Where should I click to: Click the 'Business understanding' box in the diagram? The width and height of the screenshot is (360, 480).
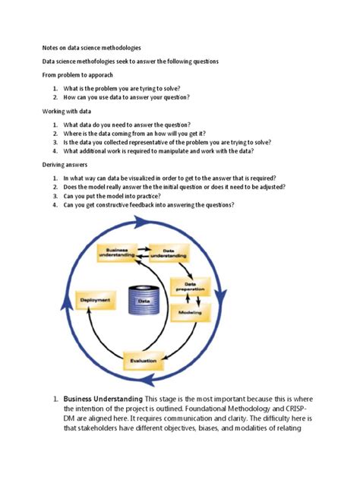point(117,254)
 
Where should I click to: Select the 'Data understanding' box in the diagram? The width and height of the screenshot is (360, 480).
point(169,254)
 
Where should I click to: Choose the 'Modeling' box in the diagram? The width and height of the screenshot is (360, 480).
point(190,311)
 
